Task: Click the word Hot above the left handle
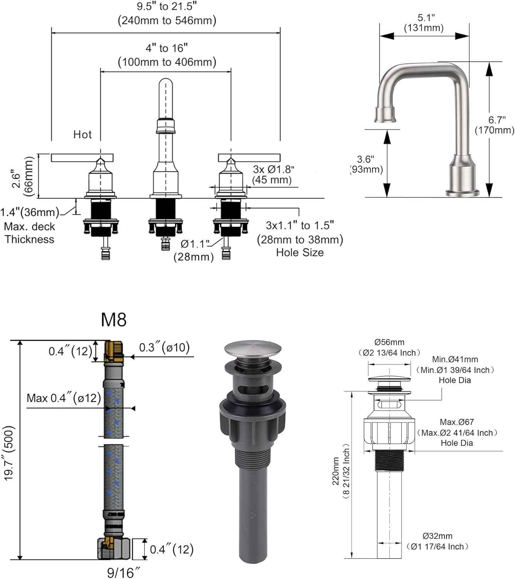coord(83,135)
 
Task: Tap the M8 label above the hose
coord(113,320)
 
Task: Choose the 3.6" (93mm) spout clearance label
coord(366,164)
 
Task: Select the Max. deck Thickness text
coord(30,233)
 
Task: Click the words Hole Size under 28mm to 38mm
coord(300,252)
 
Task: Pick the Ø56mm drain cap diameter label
coord(389,342)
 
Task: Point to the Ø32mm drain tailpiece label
coord(437,536)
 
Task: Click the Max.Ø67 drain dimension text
coord(457,422)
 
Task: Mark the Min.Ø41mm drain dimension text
coord(455,359)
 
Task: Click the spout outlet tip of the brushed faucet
coord(386,115)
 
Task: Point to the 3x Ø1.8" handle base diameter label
coord(274,169)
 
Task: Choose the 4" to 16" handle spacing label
coord(167,48)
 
